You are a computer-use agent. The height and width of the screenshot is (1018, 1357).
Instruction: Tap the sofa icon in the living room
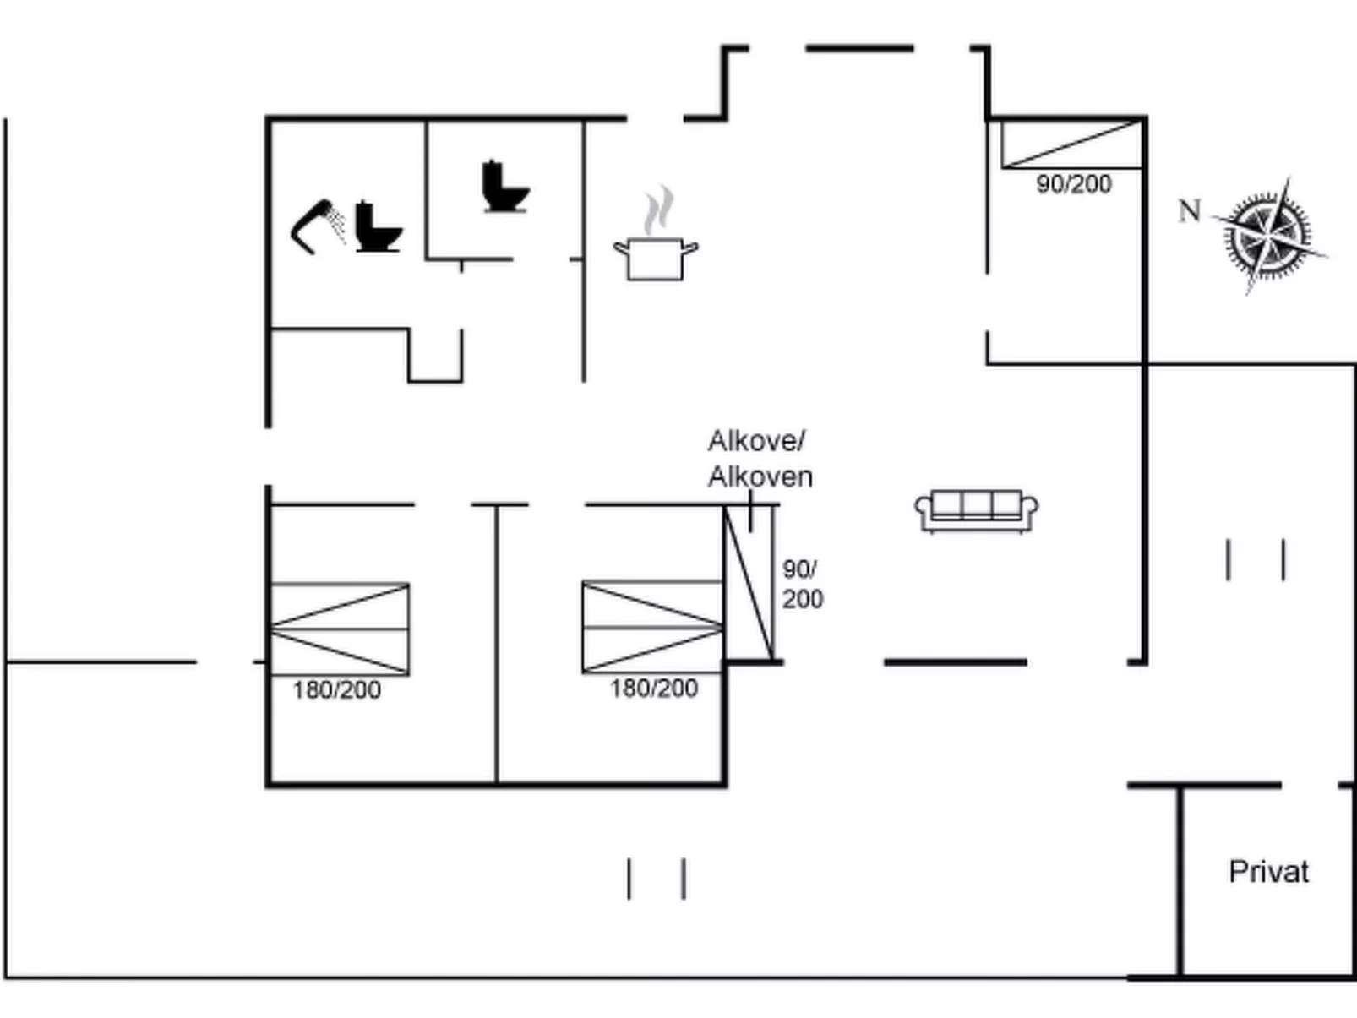[977, 510]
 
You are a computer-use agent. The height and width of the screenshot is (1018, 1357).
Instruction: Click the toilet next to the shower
[376, 227]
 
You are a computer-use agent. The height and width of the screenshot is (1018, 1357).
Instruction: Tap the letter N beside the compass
[1190, 210]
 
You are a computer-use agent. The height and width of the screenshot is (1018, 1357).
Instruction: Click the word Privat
[1268, 872]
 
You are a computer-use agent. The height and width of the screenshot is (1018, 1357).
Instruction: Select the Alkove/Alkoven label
[759, 459]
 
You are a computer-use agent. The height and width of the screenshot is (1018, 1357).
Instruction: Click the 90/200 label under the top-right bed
[1074, 184]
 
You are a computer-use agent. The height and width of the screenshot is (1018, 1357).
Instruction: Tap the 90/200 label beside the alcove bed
[801, 584]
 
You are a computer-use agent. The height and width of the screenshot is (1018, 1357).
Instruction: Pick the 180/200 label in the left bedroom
[337, 690]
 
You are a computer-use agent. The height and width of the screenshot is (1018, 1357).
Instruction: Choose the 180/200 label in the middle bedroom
[654, 689]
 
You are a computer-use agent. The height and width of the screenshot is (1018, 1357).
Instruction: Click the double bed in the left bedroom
[340, 629]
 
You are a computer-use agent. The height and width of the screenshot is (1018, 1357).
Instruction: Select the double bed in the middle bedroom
[652, 627]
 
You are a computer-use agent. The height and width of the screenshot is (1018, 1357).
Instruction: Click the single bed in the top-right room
[1071, 144]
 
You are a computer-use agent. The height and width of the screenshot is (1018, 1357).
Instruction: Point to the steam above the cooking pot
[658, 210]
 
